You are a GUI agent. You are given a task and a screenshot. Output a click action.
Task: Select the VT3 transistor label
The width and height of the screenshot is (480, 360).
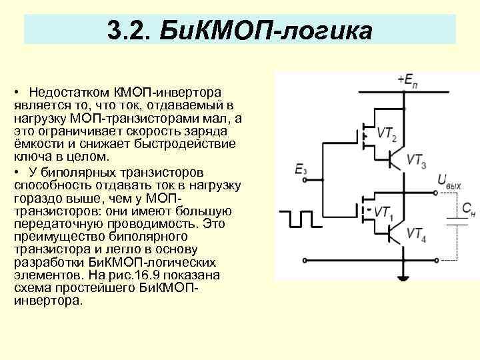[416, 160]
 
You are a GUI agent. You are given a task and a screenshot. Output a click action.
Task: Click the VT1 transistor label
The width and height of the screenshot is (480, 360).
[383, 213]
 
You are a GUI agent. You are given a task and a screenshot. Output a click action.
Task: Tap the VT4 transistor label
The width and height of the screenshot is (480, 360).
[415, 233]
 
